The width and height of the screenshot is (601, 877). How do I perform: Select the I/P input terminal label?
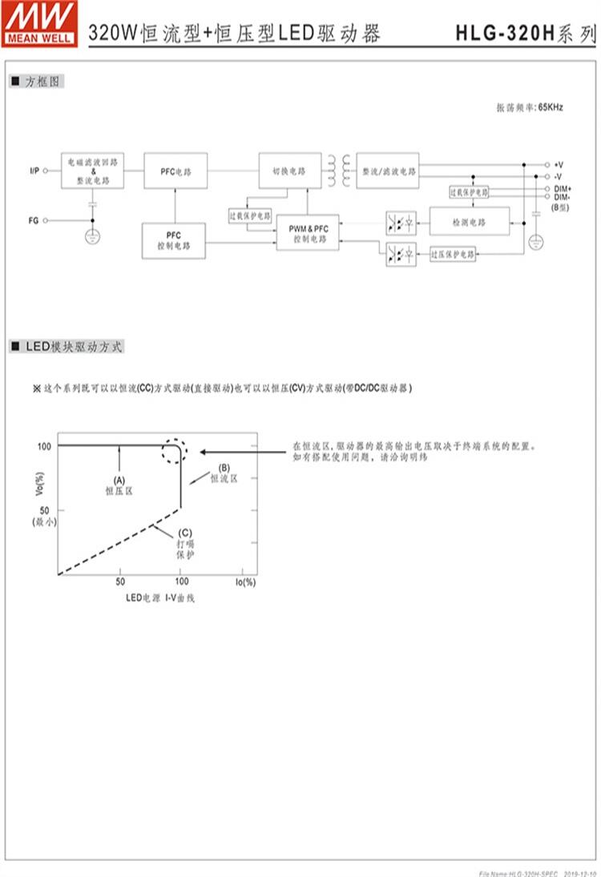(34, 171)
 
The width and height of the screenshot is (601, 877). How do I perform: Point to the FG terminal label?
(34, 219)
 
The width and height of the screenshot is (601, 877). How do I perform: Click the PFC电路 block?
(175, 171)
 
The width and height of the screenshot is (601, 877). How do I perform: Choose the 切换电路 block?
(288, 171)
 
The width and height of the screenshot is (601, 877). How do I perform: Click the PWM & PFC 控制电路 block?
(308, 234)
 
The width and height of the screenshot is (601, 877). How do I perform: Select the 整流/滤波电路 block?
(389, 171)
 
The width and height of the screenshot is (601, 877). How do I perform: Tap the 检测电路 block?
(469, 221)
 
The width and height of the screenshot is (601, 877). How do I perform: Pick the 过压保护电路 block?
(453, 254)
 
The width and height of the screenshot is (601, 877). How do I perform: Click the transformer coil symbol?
(337, 170)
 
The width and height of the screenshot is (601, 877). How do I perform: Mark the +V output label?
(559, 163)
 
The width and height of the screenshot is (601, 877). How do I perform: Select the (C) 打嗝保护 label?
(185, 542)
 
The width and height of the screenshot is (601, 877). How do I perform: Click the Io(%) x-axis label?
(245, 581)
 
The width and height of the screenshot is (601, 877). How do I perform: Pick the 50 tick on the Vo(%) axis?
(45, 509)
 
